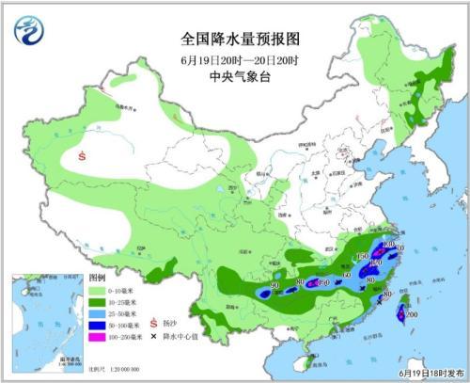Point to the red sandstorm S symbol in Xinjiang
pyautogui.click(x=86, y=156)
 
